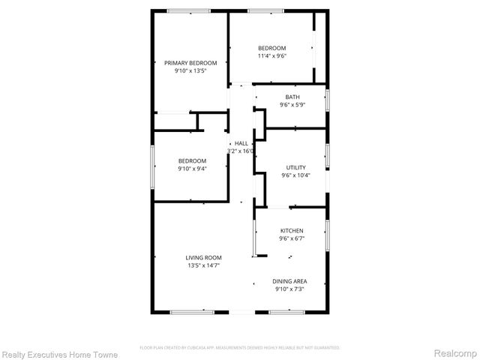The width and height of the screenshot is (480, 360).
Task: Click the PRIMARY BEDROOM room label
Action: (190, 63)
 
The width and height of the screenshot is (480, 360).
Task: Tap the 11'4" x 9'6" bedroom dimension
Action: (272, 55)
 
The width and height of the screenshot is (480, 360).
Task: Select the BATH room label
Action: (292, 97)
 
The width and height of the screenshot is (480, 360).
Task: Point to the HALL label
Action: (241, 143)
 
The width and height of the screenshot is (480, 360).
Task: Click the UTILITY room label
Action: (295, 167)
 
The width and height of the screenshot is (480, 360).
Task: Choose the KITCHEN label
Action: (292, 231)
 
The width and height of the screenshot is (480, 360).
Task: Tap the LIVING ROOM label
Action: (202, 257)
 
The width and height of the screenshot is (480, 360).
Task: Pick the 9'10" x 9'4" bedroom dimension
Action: (192, 168)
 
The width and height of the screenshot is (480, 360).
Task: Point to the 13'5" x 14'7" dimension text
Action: (202, 265)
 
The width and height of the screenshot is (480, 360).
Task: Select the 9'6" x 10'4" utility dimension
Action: (295, 175)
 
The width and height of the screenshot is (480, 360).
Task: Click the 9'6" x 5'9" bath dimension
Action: (292, 105)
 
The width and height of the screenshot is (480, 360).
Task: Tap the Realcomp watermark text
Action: (456, 352)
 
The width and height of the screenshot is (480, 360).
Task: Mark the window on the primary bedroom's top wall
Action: (188, 10)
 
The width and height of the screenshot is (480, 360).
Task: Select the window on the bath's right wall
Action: (328, 99)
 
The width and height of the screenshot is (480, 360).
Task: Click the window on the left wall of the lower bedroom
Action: (153, 163)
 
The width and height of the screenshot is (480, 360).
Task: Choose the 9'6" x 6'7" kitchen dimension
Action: (292, 238)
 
